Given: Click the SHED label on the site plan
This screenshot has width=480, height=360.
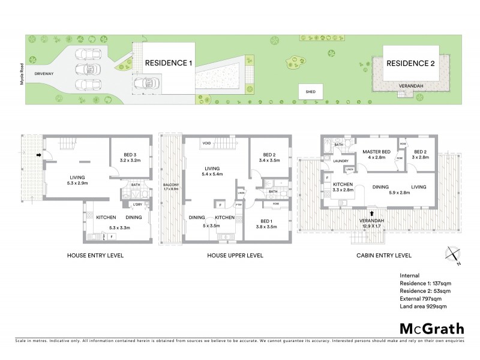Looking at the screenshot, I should [x=310, y=92].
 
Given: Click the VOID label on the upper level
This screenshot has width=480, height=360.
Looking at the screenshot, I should [x=206, y=143].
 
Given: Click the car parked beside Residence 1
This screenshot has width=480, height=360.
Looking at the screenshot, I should [x=144, y=83].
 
